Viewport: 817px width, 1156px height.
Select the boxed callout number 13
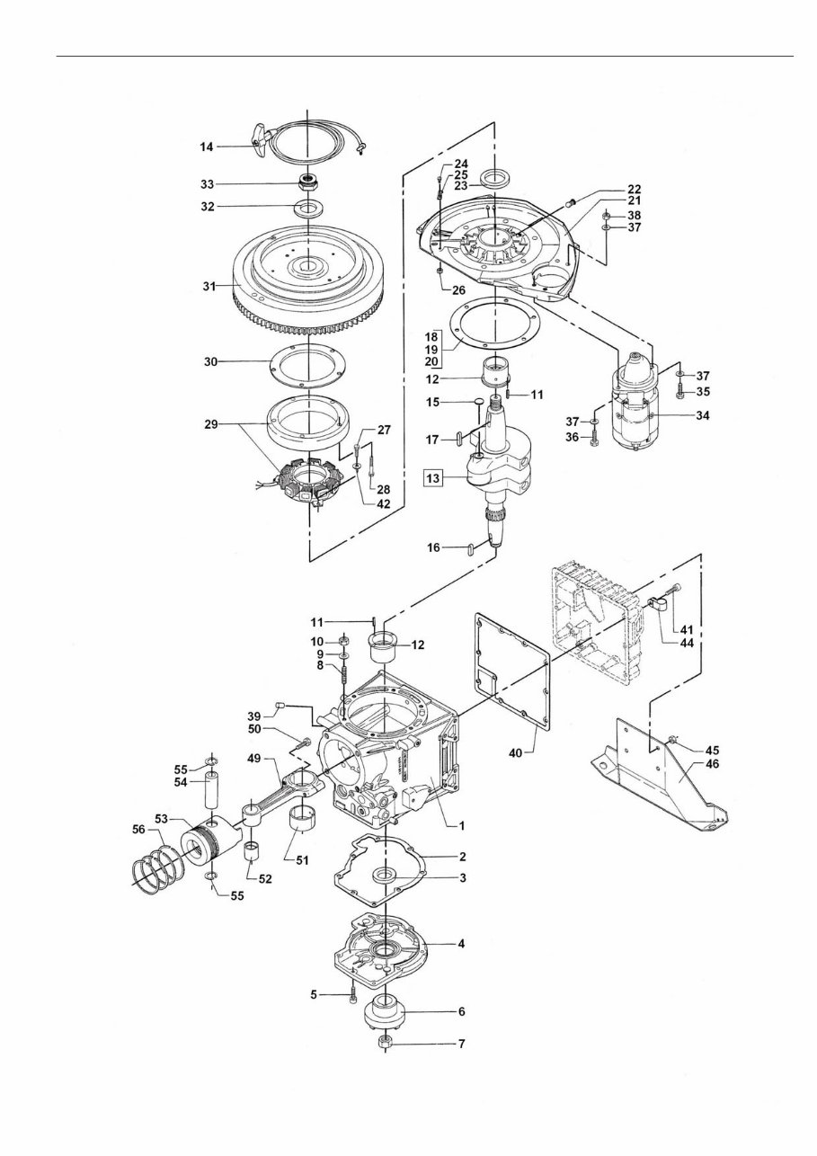pos(432,478)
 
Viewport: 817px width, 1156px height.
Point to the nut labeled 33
pos(310,183)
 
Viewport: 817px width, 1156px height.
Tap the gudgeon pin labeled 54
pos(212,794)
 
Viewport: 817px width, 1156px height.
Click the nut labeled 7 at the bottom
pos(386,1043)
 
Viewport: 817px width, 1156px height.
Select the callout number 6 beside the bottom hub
pos(461,1010)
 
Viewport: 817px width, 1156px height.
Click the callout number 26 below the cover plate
pos(459,290)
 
